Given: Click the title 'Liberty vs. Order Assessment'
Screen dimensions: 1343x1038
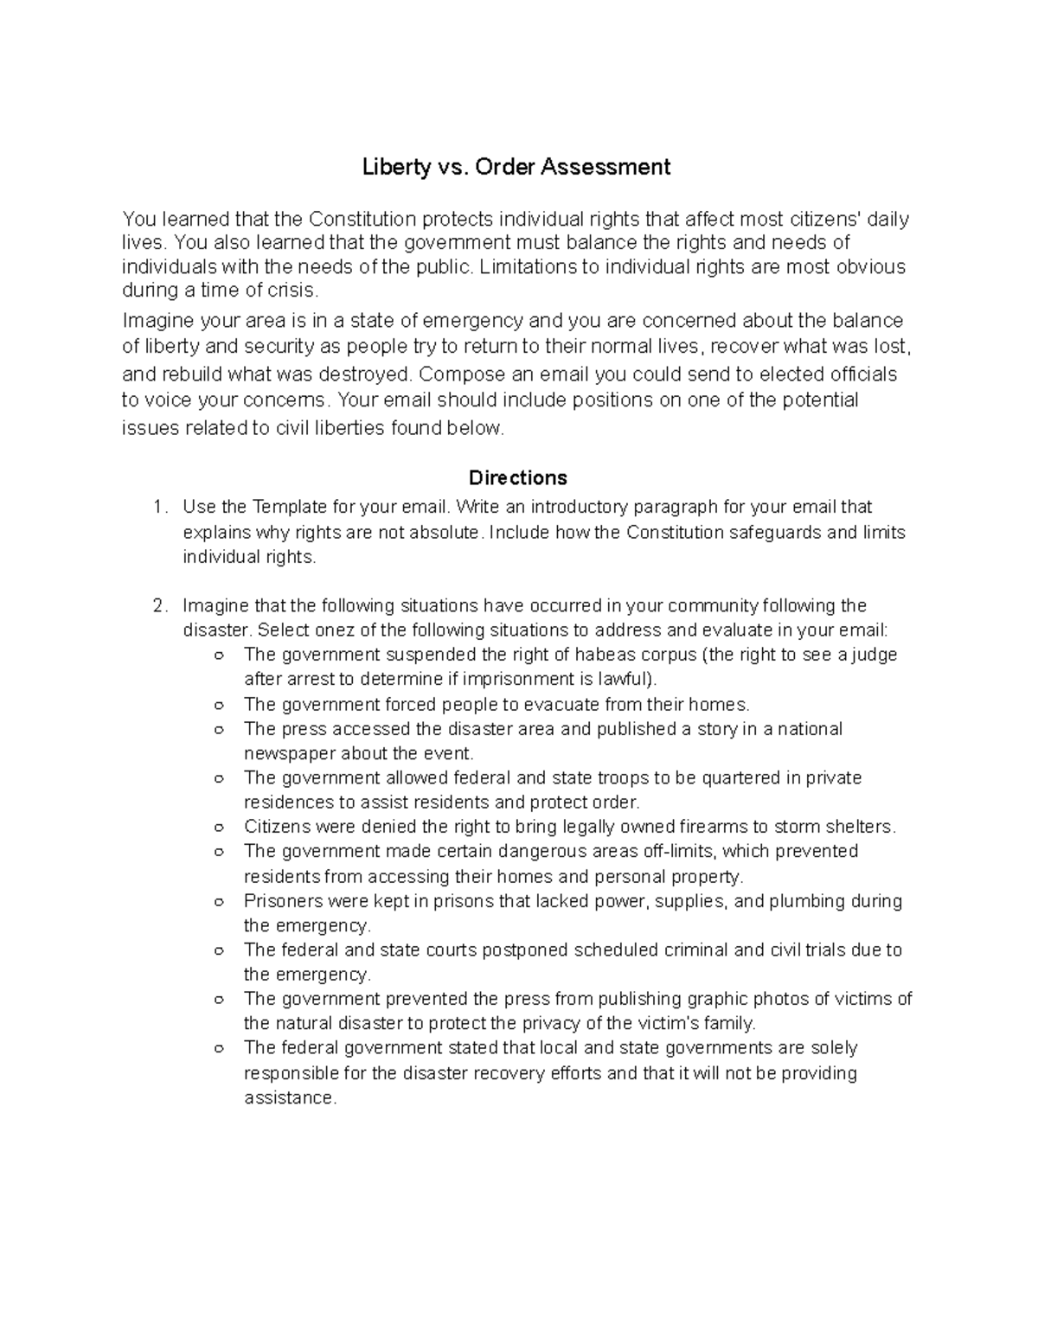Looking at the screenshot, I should (516, 166).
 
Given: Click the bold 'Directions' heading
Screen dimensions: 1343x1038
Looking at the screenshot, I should (517, 477).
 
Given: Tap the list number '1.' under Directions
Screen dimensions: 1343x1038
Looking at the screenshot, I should (159, 507).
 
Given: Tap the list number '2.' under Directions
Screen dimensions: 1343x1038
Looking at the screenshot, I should (159, 605).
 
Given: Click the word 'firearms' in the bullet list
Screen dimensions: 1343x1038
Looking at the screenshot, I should (725, 827).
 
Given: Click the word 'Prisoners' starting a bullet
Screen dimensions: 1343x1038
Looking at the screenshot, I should (282, 901).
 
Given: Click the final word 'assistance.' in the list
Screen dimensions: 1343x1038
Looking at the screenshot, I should (289, 1098).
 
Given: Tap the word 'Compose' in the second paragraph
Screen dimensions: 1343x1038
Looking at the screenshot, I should (457, 374).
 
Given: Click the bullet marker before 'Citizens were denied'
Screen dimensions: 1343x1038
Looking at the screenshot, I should (219, 828).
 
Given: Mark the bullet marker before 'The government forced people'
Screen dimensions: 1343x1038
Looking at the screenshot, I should (219, 705).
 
